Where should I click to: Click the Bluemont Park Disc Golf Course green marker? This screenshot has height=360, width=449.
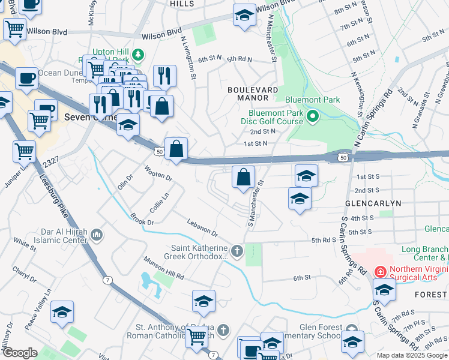click(x=312, y=116)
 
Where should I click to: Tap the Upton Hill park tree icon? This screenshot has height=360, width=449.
click(x=139, y=55)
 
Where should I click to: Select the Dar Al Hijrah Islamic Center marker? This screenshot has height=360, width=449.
click(x=96, y=234)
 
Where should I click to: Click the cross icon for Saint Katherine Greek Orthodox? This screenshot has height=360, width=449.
click(x=237, y=251)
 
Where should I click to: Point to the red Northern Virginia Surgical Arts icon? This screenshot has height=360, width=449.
click(x=380, y=272)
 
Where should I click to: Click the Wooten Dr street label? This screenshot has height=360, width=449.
click(x=158, y=173)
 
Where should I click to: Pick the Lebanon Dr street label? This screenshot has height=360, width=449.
click(x=201, y=228)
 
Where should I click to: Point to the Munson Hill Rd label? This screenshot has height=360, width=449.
click(x=163, y=269)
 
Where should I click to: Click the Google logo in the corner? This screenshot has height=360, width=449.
click(x=20, y=353)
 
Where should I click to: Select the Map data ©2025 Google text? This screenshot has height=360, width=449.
click(x=412, y=355)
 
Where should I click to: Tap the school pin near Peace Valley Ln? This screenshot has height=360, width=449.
click(x=62, y=312)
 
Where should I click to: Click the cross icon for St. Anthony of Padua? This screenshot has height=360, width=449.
click(x=223, y=330)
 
